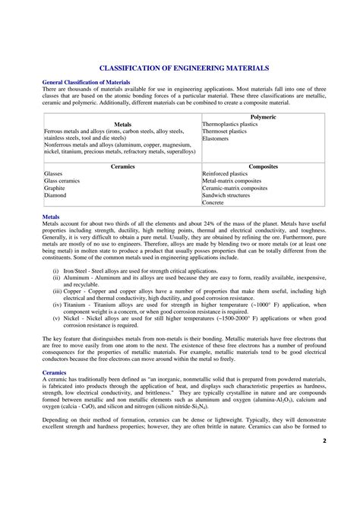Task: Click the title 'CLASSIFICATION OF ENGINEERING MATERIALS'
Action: point(180,68)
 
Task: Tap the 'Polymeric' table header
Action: point(263,116)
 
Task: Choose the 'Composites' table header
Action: point(263,165)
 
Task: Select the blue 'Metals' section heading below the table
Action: point(53,217)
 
